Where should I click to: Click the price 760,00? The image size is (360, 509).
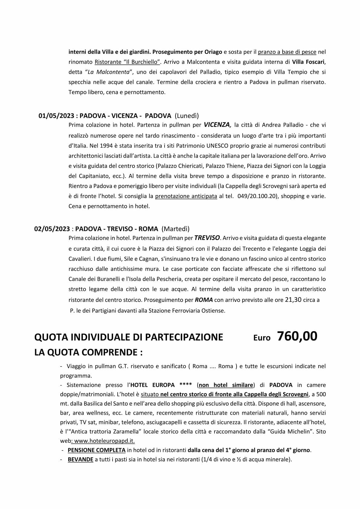(x=297, y=336)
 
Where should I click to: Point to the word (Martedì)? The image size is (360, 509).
(x=175, y=229)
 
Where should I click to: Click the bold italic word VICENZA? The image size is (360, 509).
(x=218, y=125)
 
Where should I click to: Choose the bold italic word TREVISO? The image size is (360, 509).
(x=207, y=238)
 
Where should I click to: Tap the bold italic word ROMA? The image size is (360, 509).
(x=204, y=300)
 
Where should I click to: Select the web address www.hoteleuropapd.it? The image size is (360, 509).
(x=104, y=441)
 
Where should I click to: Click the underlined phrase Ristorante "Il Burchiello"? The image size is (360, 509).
(x=127, y=62)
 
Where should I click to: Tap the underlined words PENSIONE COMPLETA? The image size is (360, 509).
(x=97, y=450)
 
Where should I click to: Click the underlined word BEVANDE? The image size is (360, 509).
(x=80, y=459)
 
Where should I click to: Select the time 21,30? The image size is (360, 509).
(x=293, y=300)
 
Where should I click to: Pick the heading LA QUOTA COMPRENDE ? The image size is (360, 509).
(x=88, y=352)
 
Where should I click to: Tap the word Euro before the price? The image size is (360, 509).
(x=262, y=338)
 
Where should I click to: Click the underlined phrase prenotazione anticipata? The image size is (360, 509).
(x=186, y=196)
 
